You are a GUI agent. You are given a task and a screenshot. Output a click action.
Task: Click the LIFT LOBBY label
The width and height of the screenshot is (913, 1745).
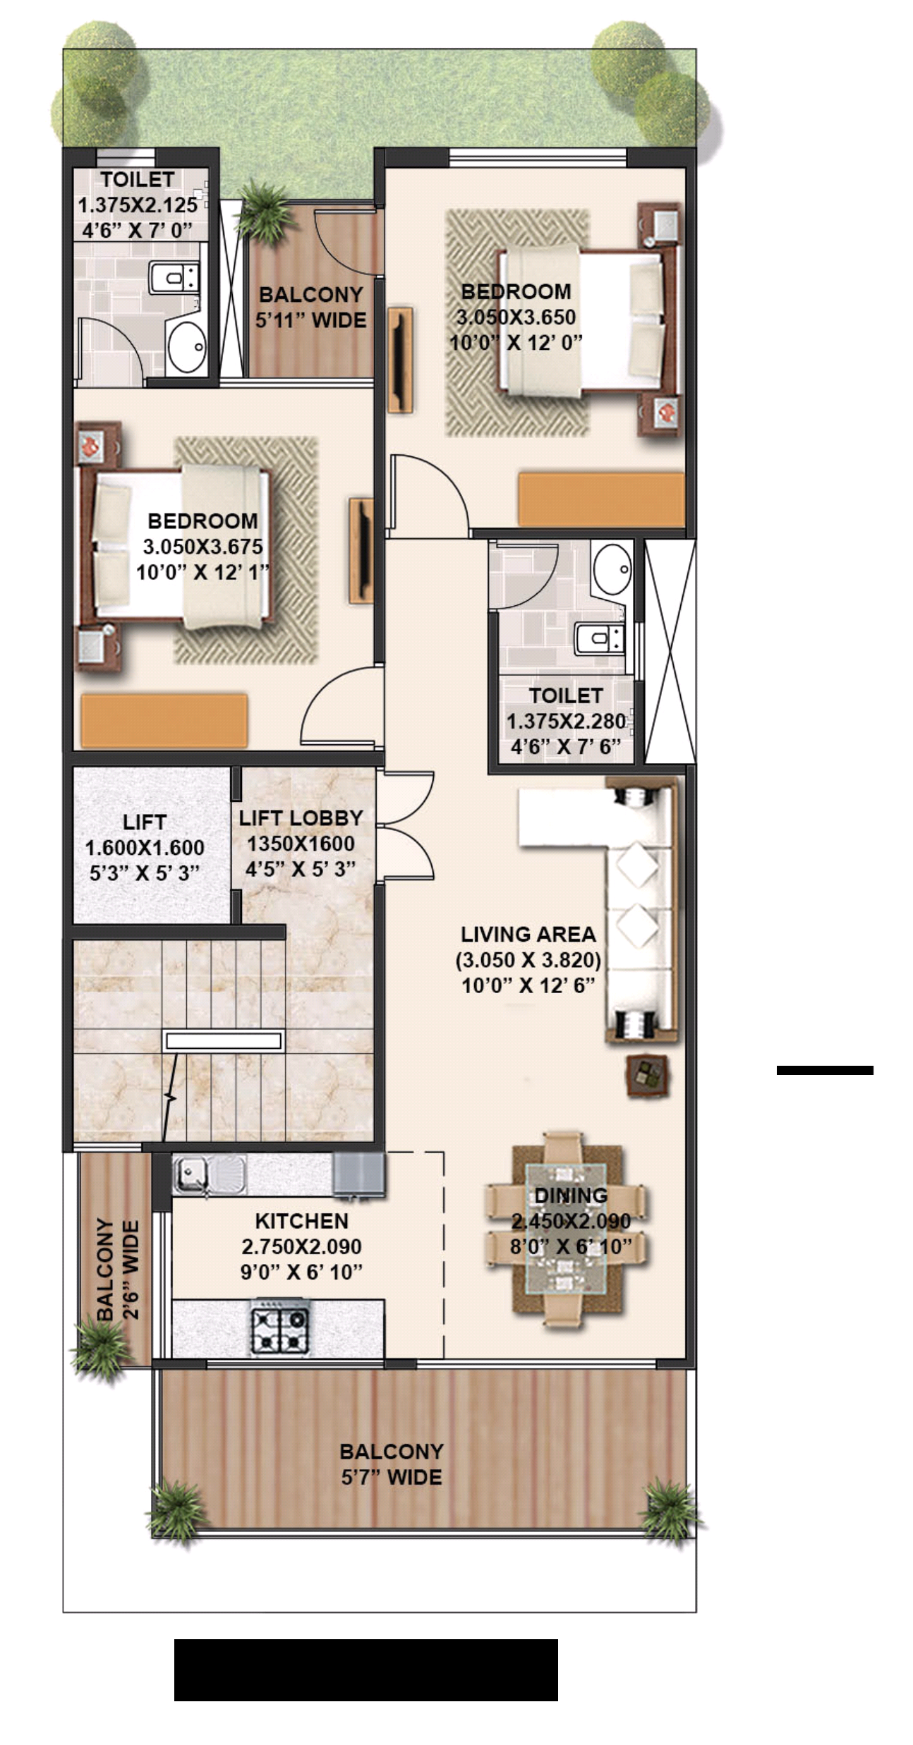301,818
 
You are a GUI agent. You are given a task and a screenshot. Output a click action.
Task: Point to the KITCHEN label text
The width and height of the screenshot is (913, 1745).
301,1221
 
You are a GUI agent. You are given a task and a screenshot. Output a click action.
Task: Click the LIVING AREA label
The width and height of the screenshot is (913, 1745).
528,935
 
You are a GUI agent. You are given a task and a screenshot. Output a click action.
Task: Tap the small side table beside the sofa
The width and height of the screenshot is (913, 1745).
648,1075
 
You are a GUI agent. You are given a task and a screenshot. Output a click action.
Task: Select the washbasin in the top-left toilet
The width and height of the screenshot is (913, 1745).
186,346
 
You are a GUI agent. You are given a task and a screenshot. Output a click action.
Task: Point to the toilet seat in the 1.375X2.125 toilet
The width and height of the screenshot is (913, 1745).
174,276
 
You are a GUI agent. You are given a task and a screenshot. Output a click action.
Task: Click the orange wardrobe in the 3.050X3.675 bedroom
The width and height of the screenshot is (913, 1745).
164,720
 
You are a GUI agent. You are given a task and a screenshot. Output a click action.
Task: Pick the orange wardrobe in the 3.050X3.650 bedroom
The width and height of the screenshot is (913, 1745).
601,499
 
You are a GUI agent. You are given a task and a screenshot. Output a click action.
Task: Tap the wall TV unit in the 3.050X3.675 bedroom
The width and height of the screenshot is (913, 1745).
361,551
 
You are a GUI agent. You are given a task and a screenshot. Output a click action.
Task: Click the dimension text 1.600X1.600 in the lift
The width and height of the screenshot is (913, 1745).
145,847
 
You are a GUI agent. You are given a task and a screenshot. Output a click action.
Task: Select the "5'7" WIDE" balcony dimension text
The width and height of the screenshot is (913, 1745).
392,1477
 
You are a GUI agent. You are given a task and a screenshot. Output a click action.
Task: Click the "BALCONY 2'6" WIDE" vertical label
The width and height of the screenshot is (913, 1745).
117,1270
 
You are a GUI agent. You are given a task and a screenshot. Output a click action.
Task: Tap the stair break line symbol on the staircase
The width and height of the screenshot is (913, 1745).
170,1098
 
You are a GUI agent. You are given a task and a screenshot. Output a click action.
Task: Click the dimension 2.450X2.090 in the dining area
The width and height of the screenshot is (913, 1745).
571,1221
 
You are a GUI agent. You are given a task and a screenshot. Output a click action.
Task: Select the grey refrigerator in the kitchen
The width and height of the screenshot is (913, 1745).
359,1174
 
